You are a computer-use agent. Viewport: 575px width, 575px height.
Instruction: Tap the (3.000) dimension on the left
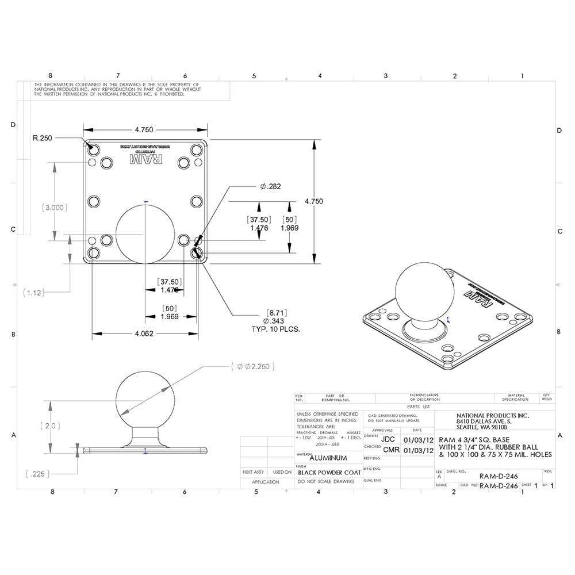(x=55, y=208)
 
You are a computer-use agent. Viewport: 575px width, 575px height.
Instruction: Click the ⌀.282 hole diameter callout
(x=270, y=186)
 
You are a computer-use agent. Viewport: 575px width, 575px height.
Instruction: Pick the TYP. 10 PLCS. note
(x=277, y=329)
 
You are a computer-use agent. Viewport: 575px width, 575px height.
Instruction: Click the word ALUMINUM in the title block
(x=328, y=458)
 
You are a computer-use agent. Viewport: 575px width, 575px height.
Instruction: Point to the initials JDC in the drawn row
(x=389, y=439)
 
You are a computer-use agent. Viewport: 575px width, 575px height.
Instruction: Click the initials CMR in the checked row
(x=390, y=450)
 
